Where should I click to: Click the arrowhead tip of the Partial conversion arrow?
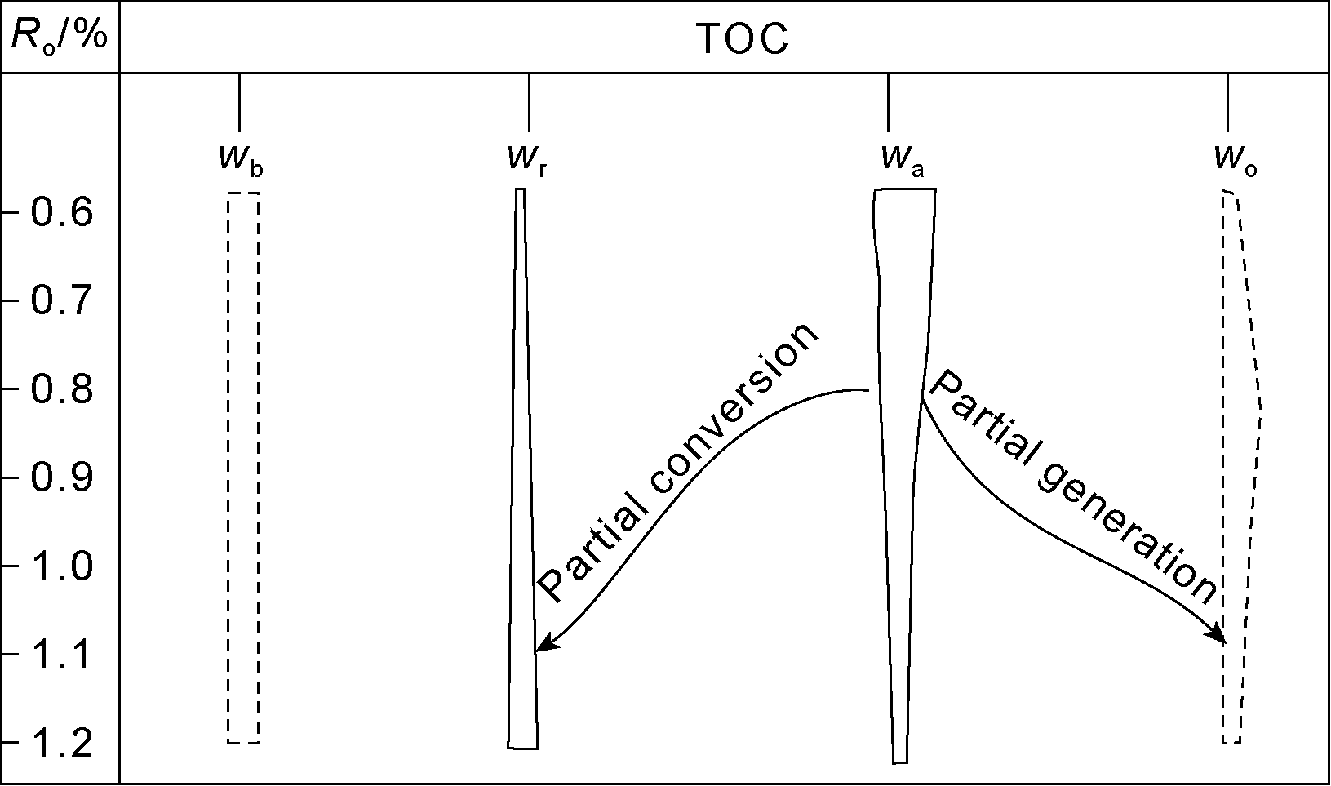pyautogui.click(x=535, y=651)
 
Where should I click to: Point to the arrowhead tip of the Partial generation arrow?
pyautogui.click(x=1225, y=644)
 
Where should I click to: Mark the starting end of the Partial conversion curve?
pyautogui.click(x=869, y=391)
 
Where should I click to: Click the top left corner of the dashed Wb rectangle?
pyautogui.click(x=228, y=193)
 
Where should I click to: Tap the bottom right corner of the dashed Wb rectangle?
pyautogui.click(x=259, y=743)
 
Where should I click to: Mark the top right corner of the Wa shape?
pyautogui.click(x=936, y=189)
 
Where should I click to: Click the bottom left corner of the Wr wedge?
pyautogui.click(x=508, y=748)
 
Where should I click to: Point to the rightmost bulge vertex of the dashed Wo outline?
pyautogui.click(x=1262, y=409)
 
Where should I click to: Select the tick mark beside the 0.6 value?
pyautogui.click(x=10, y=212)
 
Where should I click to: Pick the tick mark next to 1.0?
pyautogui.click(x=10, y=566)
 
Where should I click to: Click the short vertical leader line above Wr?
pyautogui.click(x=530, y=102)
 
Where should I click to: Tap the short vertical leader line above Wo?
pyautogui.click(x=1227, y=102)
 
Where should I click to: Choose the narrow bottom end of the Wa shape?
pyautogui.click(x=900, y=762)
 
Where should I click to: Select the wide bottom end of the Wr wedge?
pyautogui.click(x=523, y=748)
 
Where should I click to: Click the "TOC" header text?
pyautogui.click(x=742, y=39)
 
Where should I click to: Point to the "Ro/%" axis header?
pyautogui.click(x=60, y=37)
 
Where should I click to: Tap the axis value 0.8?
pyautogui.click(x=62, y=389)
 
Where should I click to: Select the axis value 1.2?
pyautogui.click(x=62, y=744)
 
